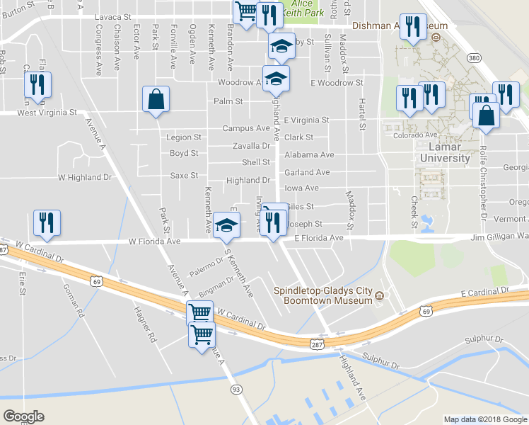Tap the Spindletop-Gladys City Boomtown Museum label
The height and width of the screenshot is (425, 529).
coord(323,295)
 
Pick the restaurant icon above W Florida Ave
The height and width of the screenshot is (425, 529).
coord(47,222)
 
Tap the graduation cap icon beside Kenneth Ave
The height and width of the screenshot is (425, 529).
coord(226,227)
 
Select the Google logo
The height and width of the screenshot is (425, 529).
coord(23,416)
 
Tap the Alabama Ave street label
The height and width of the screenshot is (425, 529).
coord(309,154)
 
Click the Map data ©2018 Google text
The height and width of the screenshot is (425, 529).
coord(484,419)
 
